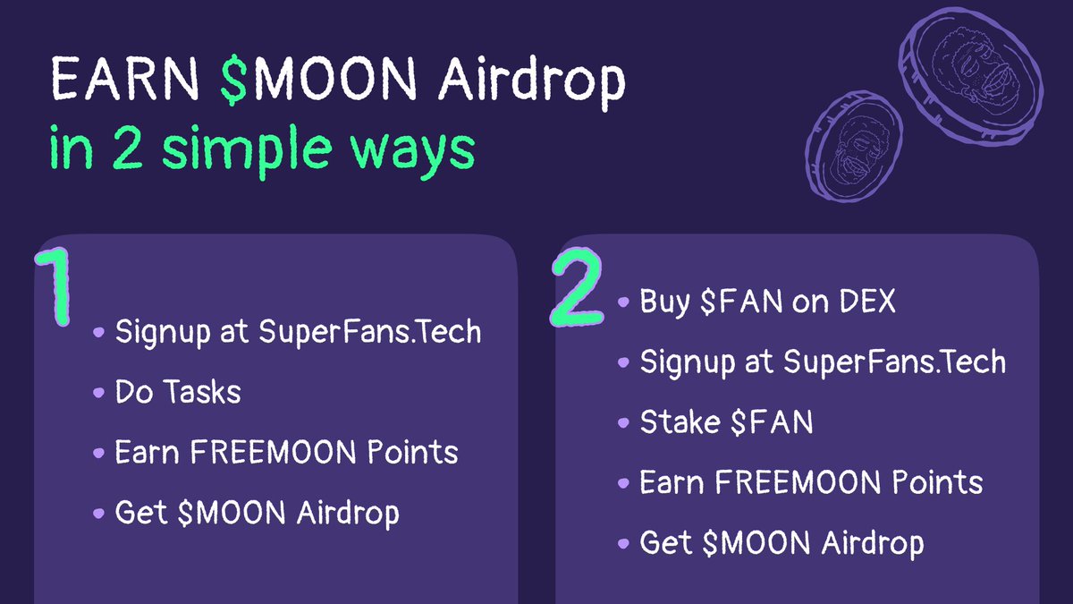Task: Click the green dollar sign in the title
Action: (x=235, y=82)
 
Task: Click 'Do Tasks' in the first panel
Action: (x=178, y=392)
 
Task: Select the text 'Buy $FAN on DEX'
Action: (x=767, y=302)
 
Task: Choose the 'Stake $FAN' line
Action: (x=726, y=422)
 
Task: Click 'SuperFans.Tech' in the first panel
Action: (x=370, y=332)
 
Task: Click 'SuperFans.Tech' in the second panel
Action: (x=894, y=362)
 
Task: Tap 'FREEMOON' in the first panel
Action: (x=267, y=453)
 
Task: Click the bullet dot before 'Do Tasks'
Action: (x=98, y=393)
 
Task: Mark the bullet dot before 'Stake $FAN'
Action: (x=623, y=423)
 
